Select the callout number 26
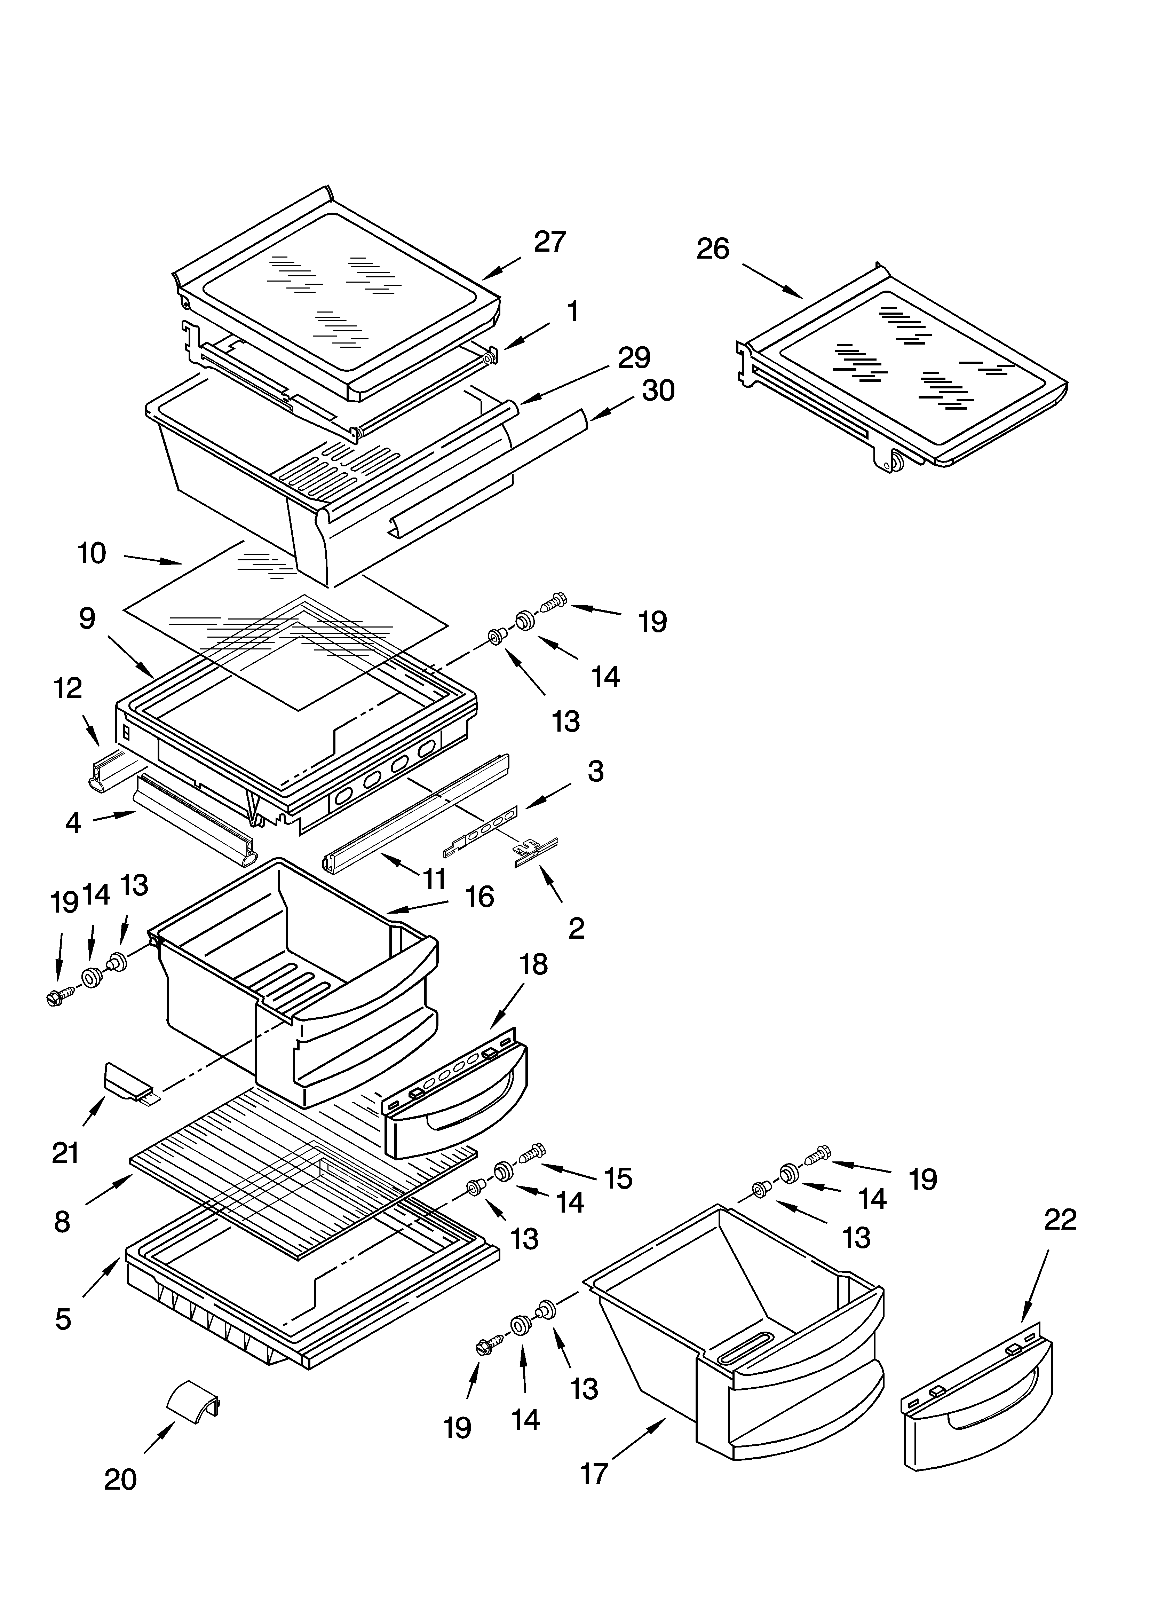[712, 249]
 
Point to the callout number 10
[92, 553]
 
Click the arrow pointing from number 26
[773, 280]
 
